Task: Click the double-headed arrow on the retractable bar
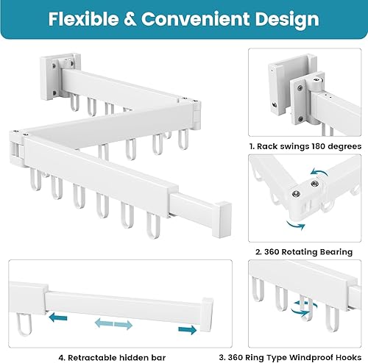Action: [113, 323]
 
